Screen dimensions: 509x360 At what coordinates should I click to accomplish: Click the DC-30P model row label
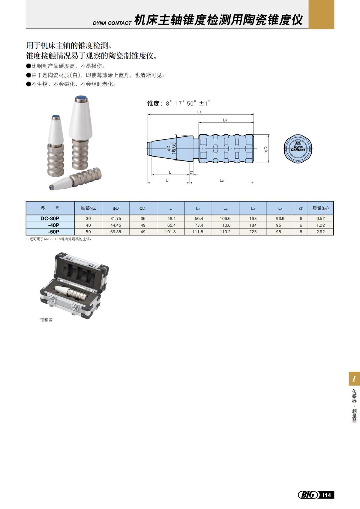pos(50,218)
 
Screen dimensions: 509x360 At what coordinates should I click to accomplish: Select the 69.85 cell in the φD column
pos(115,232)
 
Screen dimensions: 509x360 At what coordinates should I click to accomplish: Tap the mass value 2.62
pos(320,232)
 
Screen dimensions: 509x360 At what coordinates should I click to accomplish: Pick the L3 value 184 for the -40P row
pos(253,225)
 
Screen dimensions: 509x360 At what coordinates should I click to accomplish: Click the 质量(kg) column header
pos(320,208)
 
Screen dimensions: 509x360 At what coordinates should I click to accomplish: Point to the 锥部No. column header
pos(88,208)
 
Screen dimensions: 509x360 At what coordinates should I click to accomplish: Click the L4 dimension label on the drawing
pos(225,120)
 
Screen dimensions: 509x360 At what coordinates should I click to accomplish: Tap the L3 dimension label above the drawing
pos(199,112)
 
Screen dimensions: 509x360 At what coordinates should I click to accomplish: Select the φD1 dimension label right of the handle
pos(266,148)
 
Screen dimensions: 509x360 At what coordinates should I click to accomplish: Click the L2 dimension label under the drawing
pos(221,180)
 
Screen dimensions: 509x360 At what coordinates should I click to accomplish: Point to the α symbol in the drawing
pos(191,172)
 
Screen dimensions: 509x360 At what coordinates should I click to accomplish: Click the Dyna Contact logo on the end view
pos(298,148)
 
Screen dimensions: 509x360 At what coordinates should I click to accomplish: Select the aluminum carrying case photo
pos(74,285)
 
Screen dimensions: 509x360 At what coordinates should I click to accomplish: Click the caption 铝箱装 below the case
pos(46,320)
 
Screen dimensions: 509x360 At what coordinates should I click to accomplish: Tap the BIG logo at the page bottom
pos(308,495)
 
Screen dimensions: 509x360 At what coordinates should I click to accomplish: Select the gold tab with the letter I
pos(354,379)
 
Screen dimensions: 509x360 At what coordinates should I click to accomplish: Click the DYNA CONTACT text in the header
pos(112,23)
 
